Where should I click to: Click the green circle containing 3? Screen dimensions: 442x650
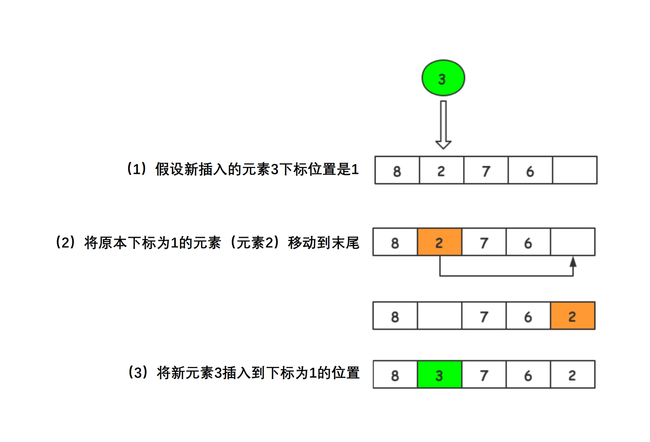click(443, 78)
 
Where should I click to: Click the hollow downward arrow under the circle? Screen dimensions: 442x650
click(443, 124)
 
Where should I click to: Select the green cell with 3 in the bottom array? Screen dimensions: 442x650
click(439, 374)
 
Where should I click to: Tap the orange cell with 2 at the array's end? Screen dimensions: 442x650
click(573, 316)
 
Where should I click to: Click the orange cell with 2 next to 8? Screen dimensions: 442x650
click(439, 242)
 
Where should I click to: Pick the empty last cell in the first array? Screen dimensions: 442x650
click(574, 170)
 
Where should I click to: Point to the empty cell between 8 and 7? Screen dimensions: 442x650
click(439, 316)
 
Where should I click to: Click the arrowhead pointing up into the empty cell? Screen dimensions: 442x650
click(573, 262)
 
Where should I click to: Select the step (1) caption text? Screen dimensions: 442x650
click(242, 169)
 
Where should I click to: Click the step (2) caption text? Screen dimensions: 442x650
click(207, 242)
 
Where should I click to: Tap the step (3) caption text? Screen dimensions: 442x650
click(243, 373)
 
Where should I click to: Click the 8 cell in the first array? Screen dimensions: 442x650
click(397, 170)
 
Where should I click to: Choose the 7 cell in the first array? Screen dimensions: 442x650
click(486, 170)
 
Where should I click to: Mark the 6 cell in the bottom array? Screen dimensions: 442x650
click(528, 374)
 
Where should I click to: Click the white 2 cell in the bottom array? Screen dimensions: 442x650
click(573, 374)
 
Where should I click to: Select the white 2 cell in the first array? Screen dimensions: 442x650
click(441, 170)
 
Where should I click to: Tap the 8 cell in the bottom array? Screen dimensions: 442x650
click(395, 374)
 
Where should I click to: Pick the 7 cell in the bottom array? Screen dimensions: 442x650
click(484, 374)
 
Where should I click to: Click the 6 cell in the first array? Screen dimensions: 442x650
click(530, 170)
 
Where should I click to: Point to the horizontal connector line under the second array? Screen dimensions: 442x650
click(506, 276)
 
